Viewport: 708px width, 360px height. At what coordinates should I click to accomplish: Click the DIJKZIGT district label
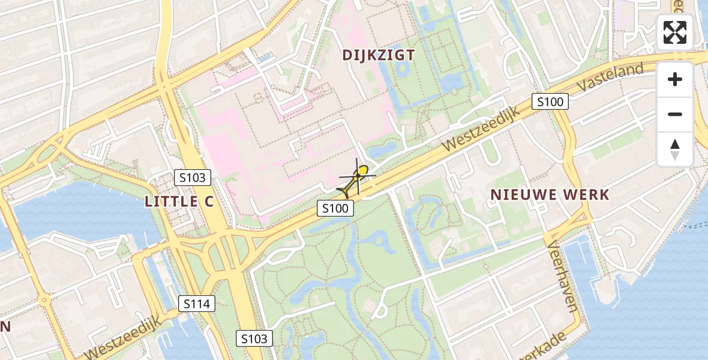(x=379, y=55)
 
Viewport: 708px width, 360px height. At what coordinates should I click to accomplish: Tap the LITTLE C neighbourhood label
(x=179, y=202)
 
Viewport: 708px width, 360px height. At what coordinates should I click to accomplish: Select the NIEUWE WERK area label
(x=550, y=194)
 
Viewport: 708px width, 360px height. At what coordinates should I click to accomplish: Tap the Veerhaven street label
(x=562, y=276)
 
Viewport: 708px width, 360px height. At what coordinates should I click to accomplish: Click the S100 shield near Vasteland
(x=550, y=102)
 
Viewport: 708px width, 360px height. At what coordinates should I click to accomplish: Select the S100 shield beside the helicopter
(x=335, y=208)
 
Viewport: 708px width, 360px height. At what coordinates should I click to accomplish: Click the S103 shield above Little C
(x=193, y=178)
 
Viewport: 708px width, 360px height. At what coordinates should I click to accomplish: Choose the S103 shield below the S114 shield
(x=254, y=338)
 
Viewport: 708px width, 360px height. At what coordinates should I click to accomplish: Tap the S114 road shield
(x=197, y=304)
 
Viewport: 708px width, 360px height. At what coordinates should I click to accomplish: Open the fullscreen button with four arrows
(x=675, y=32)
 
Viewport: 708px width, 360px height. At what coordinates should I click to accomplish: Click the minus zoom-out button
(x=675, y=114)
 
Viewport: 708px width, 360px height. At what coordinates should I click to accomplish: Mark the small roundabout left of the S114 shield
(x=43, y=299)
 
